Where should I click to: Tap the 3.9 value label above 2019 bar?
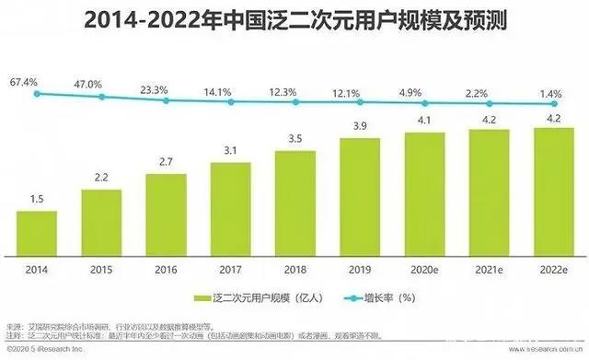pos(359,125)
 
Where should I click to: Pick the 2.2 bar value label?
pos(100,177)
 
